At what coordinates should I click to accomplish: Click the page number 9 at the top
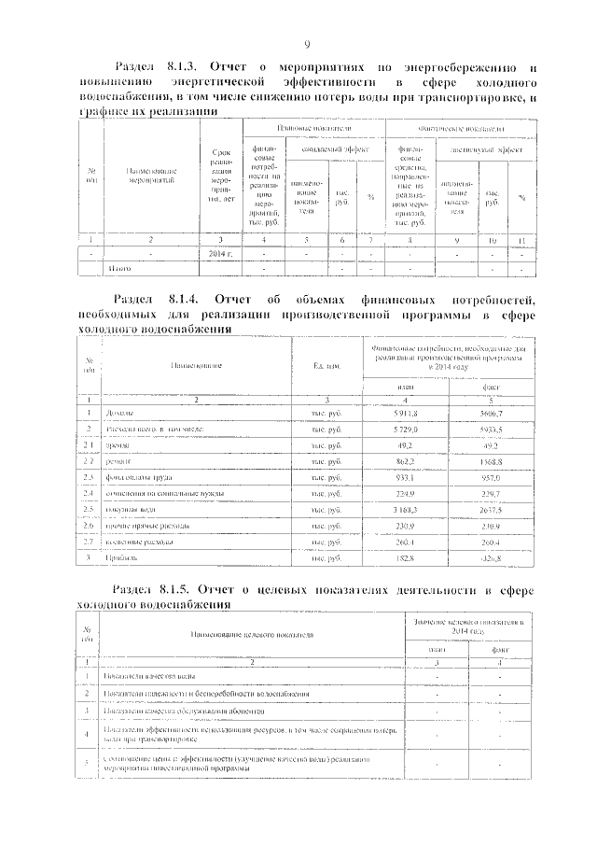coord(307,44)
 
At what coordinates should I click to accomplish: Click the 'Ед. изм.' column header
coord(326,364)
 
